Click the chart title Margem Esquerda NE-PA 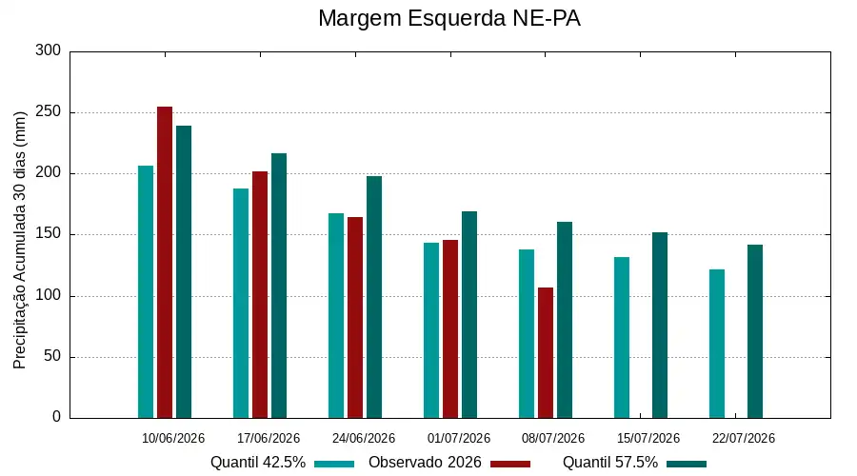(x=448, y=18)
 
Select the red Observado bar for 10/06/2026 (x=165, y=263)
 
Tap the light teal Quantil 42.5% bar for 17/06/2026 (x=241, y=304)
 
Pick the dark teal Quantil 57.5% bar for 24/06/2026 (x=374, y=297)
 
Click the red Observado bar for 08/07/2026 (x=546, y=353)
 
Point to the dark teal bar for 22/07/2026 (x=755, y=331)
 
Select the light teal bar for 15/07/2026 (x=622, y=338)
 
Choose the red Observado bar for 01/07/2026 (x=450, y=329)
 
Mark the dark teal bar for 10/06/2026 (x=184, y=272)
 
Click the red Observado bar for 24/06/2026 (x=355, y=318)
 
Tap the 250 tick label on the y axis (x=49, y=112)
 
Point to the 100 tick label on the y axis (x=49, y=296)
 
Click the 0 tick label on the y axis (x=57, y=417)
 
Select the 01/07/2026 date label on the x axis (x=459, y=438)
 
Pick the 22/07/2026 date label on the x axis (x=744, y=438)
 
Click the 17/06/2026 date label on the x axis (x=269, y=438)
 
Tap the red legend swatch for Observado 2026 (x=510, y=464)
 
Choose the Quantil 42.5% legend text (x=258, y=463)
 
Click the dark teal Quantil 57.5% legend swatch (x=687, y=464)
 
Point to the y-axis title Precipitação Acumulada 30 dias (x=20, y=241)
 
